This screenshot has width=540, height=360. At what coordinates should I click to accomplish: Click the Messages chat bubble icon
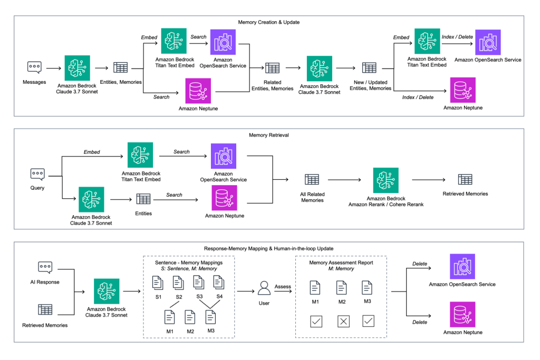[x=35, y=67]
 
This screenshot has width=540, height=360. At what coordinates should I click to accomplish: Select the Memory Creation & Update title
[x=269, y=22]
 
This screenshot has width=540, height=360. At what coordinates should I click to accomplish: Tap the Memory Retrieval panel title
[x=269, y=135]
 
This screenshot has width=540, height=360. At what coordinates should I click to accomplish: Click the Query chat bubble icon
[x=37, y=174]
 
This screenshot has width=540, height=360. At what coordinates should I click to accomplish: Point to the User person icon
[x=263, y=288]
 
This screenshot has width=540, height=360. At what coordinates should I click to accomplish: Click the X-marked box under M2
[x=343, y=321]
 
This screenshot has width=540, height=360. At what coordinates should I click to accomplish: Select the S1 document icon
[x=157, y=283]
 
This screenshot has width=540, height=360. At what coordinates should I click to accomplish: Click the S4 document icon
[x=218, y=283]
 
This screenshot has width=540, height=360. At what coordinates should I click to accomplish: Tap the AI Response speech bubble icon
[x=45, y=268]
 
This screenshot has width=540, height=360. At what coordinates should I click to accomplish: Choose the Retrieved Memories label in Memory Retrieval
[x=465, y=193]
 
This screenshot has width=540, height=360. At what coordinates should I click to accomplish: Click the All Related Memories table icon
[x=312, y=180]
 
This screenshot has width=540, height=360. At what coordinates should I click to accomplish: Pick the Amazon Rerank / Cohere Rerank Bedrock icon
[x=385, y=180]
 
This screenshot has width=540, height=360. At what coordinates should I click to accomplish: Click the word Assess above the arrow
[x=283, y=286]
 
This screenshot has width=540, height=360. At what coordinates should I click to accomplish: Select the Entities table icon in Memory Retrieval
[x=143, y=199]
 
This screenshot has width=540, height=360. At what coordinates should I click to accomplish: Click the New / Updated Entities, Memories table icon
[x=369, y=67]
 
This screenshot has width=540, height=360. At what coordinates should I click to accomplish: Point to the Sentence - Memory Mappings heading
[x=188, y=262]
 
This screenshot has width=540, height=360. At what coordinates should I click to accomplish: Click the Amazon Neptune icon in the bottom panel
[x=462, y=314]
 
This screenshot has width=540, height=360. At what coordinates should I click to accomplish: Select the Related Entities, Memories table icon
[x=272, y=67]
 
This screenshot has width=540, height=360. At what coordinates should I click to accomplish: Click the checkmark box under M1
[x=315, y=321]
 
